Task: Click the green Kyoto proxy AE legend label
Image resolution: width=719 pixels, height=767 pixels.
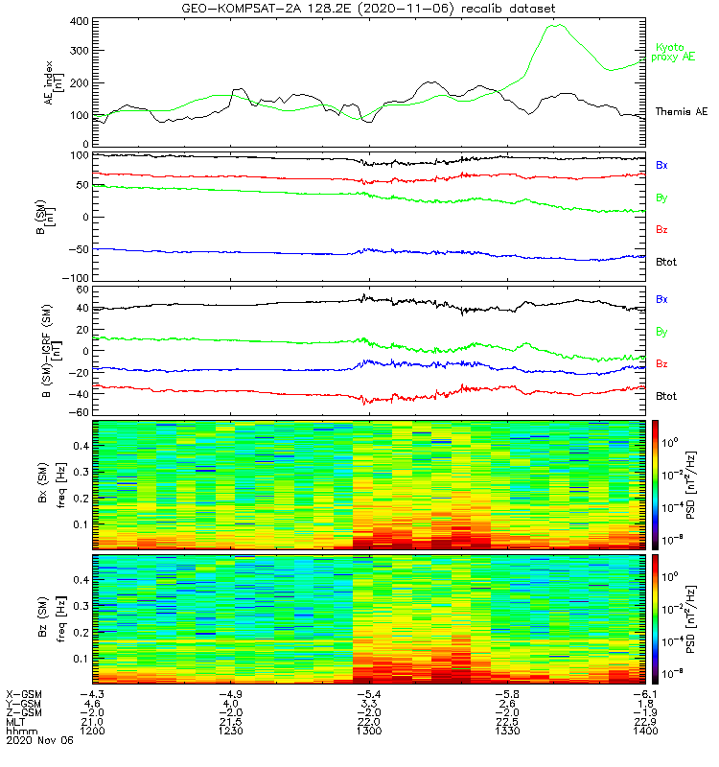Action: (x=676, y=53)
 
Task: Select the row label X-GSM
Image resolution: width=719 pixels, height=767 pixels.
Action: (x=20, y=692)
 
